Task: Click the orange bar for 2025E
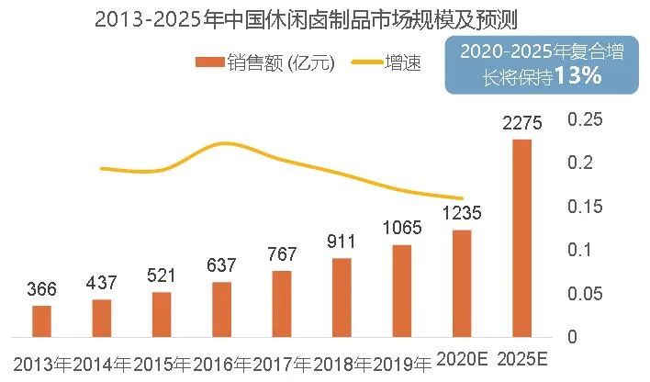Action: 521,238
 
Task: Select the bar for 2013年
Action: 42,320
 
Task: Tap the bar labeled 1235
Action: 462,283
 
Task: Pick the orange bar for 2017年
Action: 282,304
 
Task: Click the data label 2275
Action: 521,122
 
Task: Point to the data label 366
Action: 41,289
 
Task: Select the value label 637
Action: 221,266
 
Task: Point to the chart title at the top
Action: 324,19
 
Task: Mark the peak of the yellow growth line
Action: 223,143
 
